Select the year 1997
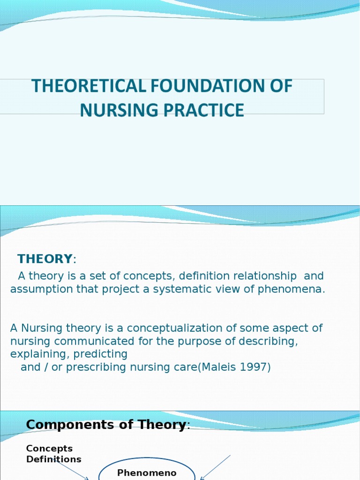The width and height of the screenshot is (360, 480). coord(253,367)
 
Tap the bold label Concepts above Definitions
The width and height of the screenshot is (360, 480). coord(49,449)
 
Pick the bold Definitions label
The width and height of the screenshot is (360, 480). coord(53,459)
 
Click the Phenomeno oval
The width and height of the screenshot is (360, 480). coord(147,471)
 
